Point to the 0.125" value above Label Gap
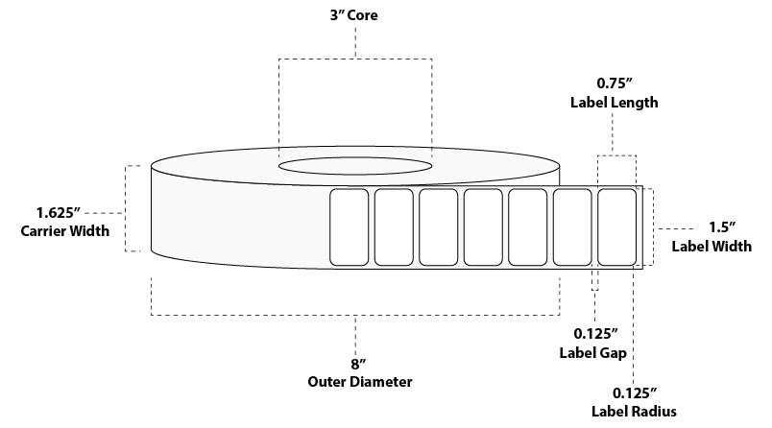[593, 334]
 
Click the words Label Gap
[593, 353]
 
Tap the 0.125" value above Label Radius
[634, 392]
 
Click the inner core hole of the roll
[354, 165]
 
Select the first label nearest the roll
[349, 226]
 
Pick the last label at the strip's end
[616, 226]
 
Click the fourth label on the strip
[483, 226]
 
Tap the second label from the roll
[393, 226]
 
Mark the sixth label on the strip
[572, 226]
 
